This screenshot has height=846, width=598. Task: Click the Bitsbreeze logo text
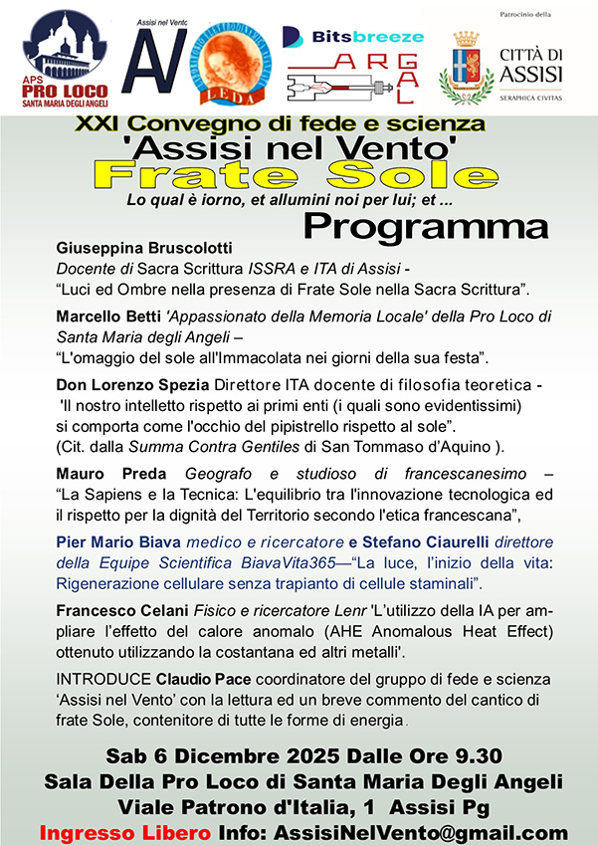[354, 36]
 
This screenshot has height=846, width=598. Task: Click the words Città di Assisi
[531, 67]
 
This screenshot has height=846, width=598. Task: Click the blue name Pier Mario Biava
[116, 541]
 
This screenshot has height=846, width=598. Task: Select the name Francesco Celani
[116, 609]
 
